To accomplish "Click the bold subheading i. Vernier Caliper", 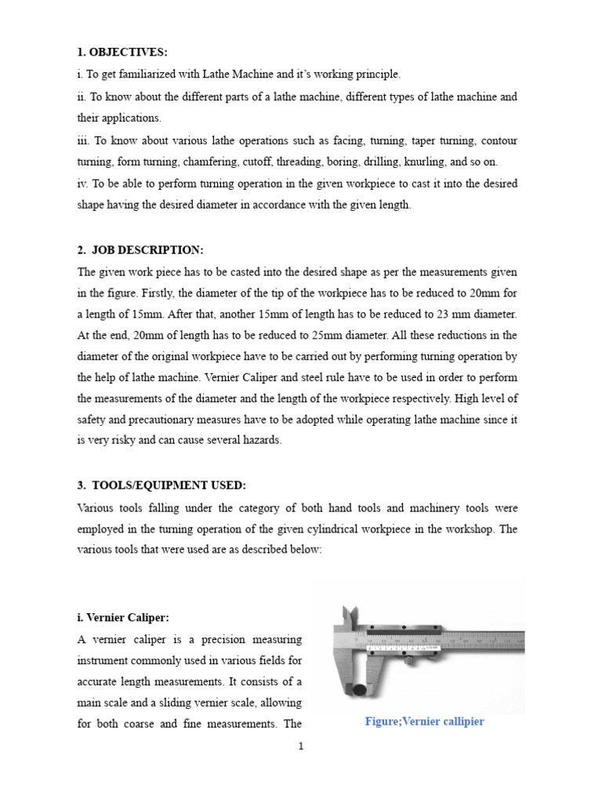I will (122, 618).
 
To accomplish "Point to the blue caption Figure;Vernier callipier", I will (424, 721).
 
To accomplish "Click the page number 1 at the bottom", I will (300, 746).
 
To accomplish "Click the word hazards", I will (259, 441).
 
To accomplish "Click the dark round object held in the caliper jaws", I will (358, 692).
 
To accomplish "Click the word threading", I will (319, 162).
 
